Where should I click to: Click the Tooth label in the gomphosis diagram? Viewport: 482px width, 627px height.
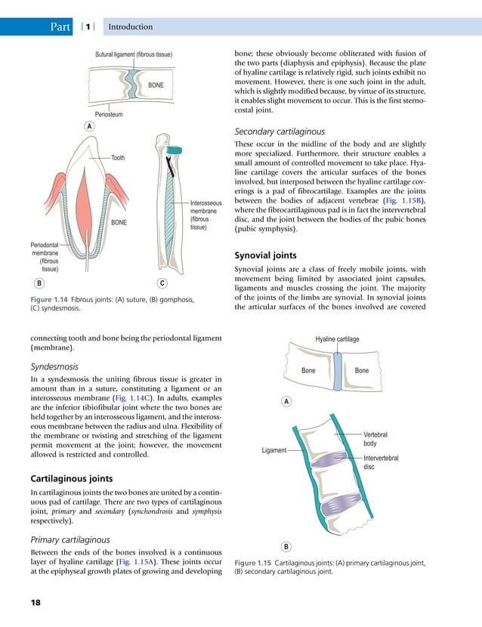point(118,158)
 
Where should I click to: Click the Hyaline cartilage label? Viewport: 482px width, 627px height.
point(337,340)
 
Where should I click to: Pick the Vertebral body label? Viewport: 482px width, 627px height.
point(375,440)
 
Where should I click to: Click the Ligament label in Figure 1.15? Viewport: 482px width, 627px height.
point(274,450)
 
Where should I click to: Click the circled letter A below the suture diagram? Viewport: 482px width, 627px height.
point(88,126)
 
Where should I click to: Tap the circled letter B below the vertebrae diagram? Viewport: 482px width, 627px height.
point(286,545)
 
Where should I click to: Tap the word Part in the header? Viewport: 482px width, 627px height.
point(59,27)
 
